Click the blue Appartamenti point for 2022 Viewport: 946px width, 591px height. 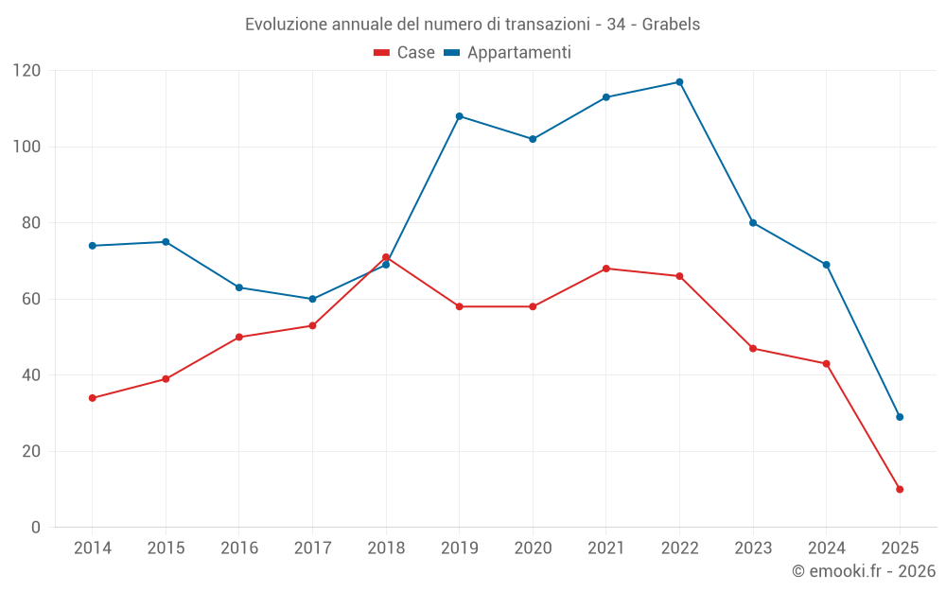[x=679, y=82]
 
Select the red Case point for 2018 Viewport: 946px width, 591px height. [x=386, y=257]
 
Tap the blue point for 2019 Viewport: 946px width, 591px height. [x=460, y=116]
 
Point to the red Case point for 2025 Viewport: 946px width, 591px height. [x=900, y=489]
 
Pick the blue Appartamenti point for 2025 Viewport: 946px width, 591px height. [x=900, y=417]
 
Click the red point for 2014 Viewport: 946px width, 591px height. [x=93, y=398]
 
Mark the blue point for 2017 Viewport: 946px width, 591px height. [x=312, y=299]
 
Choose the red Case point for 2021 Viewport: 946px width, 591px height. [x=606, y=269]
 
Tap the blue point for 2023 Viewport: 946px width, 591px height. [x=753, y=223]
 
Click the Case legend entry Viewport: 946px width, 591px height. [x=405, y=53]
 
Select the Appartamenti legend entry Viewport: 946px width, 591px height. [x=508, y=53]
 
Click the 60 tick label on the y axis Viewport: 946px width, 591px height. [x=31, y=299]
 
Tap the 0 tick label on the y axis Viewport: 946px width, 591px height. [x=36, y=527]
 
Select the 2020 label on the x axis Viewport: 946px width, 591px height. [x=533, y=548]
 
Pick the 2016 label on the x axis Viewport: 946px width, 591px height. [x=239, y=548]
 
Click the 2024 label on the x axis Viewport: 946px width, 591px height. [x=826, y=548]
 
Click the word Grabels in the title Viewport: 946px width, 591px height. [x=671, y=25]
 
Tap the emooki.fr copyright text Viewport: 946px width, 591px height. [x=864, y=571]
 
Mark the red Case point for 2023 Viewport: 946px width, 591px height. [x=753, y=349]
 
